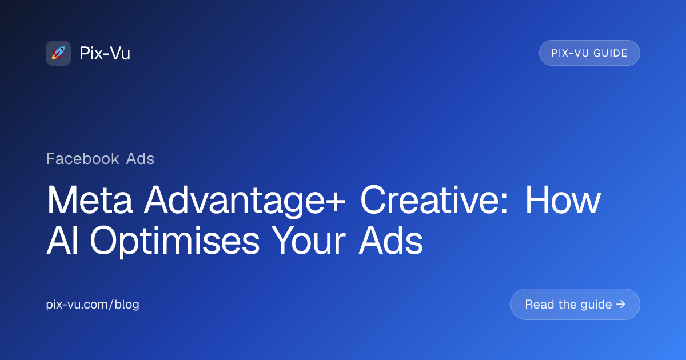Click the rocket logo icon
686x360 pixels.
58,53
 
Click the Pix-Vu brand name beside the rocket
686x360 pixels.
105,53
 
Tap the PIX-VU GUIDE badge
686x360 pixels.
589,53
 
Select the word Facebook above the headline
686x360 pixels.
83,158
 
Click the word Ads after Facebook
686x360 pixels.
141,158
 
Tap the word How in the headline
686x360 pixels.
563,200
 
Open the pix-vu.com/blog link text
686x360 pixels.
93,305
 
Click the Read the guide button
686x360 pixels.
575,304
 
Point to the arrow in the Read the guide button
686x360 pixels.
621,304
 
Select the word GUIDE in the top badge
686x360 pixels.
609,53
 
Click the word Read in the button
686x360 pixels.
539,304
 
